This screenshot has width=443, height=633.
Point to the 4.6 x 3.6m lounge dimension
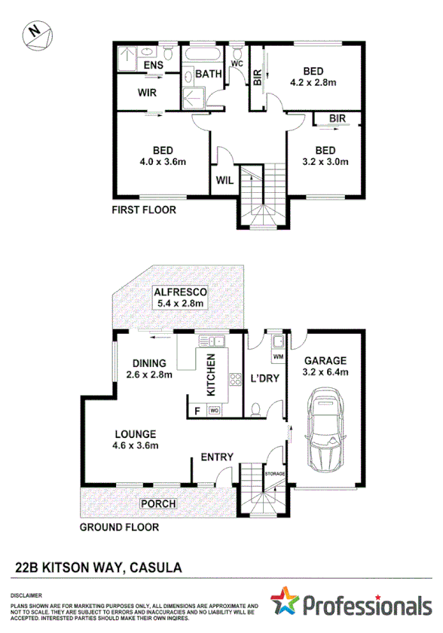136,446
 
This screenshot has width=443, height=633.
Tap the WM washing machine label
277,356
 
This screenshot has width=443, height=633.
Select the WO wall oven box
213,411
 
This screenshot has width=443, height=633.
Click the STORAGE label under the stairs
275,474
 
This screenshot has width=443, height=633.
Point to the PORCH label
157,503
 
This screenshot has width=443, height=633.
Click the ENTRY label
216,457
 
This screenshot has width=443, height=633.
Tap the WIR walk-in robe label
147,94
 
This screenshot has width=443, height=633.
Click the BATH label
207,74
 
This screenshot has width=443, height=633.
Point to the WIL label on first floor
225,180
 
